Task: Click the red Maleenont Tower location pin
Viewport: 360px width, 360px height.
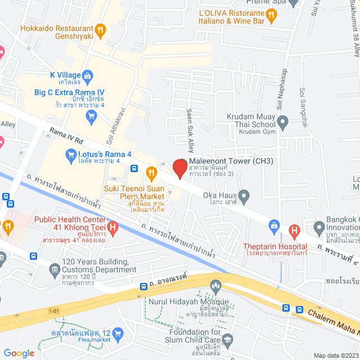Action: pyautogui.click(x=179, y=169)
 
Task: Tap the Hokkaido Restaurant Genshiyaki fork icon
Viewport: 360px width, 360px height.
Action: pyautogui.click(x=100, y=30)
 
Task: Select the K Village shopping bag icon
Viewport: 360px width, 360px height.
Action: pyautogui.click(x=88, y=75)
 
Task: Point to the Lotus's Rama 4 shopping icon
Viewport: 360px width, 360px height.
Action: pyautogui.click(x=70, y=154)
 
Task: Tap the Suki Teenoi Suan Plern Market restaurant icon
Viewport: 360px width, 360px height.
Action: pyautogui.click(x=151, y=172)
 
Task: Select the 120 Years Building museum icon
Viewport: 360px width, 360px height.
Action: pyautogui.click(x=54, y=270)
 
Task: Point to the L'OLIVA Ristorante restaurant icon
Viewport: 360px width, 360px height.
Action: pyautogui.click(x=272, y=17)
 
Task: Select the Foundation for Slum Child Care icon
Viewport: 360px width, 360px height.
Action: pyautogui.click(x=227, y=339)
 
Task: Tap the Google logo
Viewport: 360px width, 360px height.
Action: pyautogui.click(x=19, y=353)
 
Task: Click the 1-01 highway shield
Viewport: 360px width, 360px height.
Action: pyautogui.click(x=54, y=309)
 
